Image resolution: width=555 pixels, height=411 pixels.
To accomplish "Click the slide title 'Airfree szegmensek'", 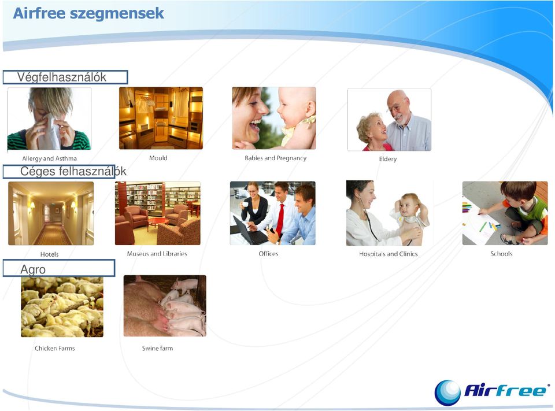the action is (88, 13).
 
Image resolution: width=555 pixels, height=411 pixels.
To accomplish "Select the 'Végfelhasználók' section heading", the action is (62, 77).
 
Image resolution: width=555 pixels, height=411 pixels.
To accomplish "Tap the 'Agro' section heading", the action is (33, 269).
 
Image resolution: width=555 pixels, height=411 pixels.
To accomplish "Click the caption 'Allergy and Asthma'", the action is (50, 158).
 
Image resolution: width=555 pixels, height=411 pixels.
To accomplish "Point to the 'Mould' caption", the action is (158, 158).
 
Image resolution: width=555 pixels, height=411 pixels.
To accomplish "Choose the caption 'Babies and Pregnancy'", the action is (275, 158).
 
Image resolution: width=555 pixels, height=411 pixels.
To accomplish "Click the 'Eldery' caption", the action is (388, 159).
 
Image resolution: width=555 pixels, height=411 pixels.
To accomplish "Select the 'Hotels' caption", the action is (50, 254).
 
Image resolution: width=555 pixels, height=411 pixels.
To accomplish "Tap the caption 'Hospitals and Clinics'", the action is (388, 254).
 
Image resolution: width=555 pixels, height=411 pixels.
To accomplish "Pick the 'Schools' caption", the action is (501, 253).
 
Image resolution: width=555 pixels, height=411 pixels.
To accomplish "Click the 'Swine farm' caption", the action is (157, 349).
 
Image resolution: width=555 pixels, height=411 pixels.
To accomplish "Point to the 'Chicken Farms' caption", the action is (55, 349).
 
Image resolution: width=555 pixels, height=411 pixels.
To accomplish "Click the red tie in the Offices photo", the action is (280, 220).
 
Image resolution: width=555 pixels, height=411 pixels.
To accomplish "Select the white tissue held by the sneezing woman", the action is (50, 133).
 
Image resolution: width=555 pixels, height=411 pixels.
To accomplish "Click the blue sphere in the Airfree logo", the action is (447, 393).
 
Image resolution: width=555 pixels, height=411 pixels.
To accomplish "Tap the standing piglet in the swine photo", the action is (185, 285).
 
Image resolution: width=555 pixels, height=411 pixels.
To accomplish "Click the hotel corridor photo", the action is (51, 213).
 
